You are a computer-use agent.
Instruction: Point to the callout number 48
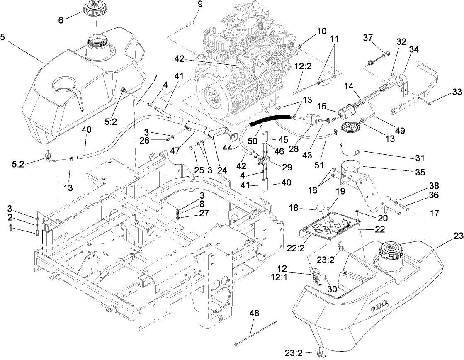[x=254, y=313]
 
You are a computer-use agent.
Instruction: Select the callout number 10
[x=322, y=31]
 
